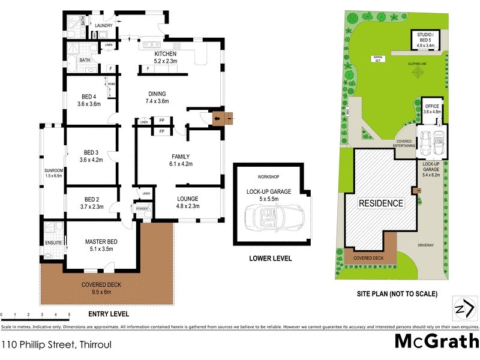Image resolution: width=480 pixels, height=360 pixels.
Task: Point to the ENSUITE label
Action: tap(53, 243)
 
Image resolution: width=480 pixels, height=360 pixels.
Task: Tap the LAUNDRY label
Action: tap(104, 25)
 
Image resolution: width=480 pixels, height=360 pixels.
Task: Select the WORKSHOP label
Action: tap(269, 178)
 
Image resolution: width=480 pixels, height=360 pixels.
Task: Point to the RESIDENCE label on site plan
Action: tap(381, 203)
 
